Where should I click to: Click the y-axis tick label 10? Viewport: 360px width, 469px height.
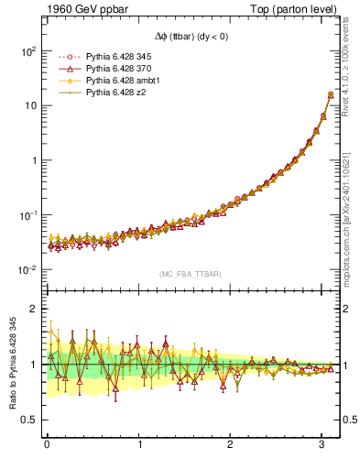coord(29,106)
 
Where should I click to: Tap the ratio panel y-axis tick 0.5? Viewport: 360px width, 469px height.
coord(27,420)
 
